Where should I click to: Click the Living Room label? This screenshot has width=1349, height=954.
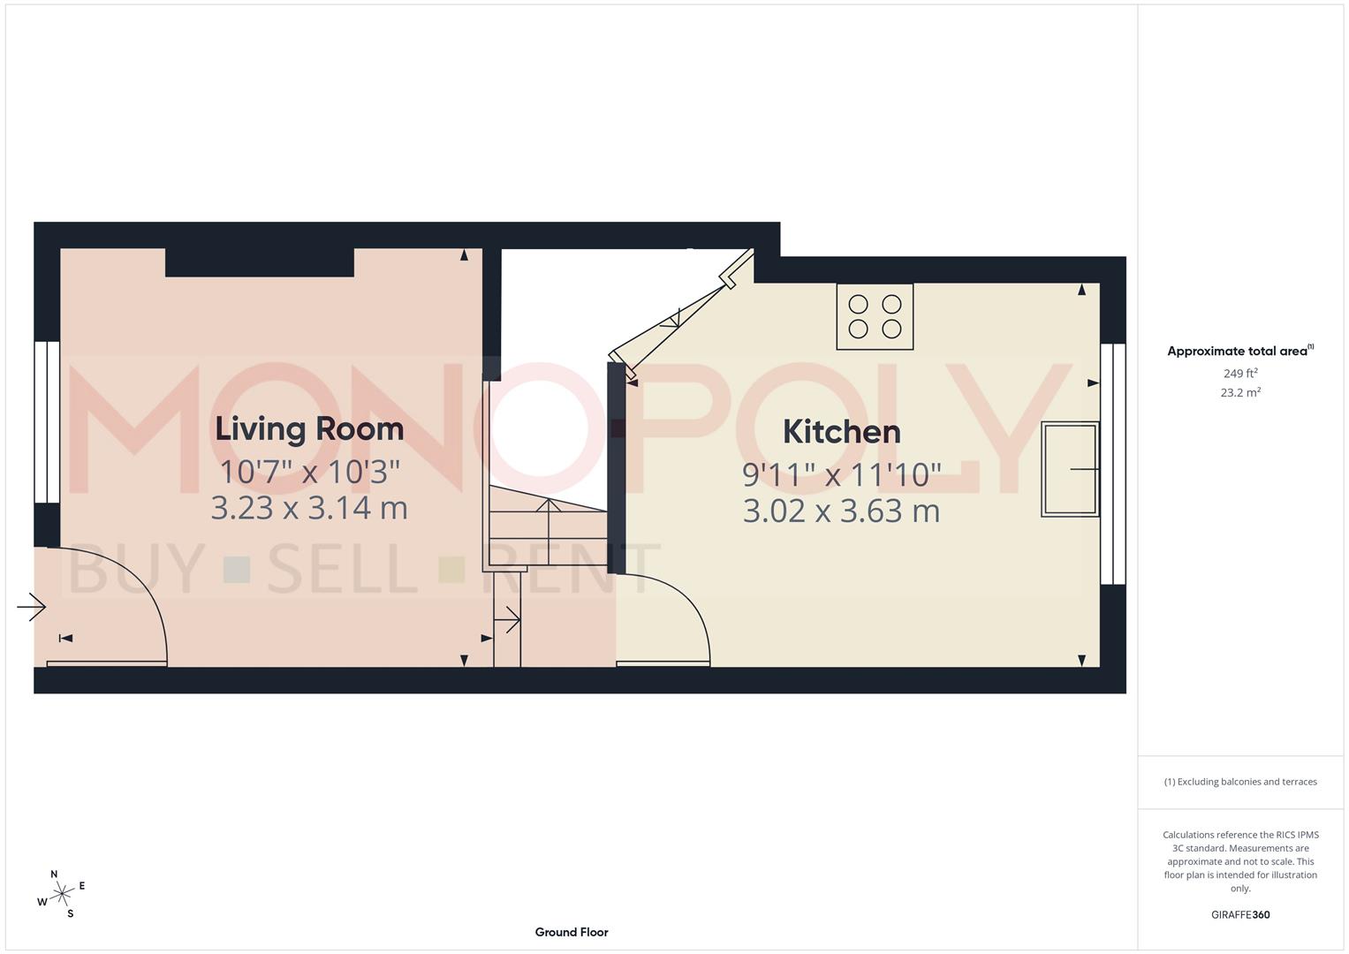point(309,429)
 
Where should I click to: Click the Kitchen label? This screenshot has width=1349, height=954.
point(841,432)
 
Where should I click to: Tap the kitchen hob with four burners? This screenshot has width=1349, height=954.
point(875,316)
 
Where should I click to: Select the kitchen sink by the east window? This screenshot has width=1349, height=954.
point(1070,469)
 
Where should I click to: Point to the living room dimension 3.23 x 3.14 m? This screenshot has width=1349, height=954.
point(309,508)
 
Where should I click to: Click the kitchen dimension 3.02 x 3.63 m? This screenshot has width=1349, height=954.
point(841,511)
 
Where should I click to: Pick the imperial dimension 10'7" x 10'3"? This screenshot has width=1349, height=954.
point(309,472)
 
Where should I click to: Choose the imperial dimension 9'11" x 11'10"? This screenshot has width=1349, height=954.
point(841,475)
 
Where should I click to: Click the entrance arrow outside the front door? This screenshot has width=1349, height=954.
point(32,607)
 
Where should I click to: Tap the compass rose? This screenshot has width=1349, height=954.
point(61,895)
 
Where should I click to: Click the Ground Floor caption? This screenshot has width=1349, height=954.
point(572,932)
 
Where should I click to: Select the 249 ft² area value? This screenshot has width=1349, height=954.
point(1240,374)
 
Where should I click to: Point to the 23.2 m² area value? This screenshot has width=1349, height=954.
point(1240,393)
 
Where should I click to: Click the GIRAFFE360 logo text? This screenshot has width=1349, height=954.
point(1240,914)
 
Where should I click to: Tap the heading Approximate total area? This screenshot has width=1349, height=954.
point(1239,352)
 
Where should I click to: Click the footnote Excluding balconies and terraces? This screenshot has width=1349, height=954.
point(1240,782)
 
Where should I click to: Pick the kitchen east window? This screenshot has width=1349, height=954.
point(1113,464)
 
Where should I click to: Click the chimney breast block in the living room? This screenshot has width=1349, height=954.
point(260,262)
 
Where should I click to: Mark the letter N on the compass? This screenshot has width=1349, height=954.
point(54,874)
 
